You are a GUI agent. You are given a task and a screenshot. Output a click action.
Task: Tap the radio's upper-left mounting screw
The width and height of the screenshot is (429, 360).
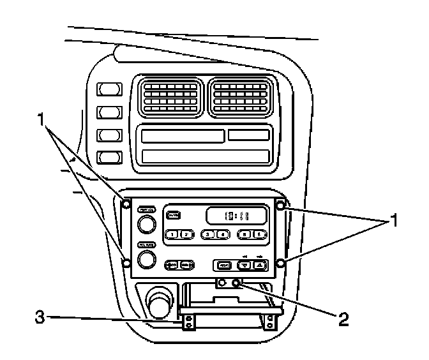point(126,205)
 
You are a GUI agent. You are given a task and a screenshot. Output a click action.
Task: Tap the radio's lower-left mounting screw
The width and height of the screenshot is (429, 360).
point(126,262)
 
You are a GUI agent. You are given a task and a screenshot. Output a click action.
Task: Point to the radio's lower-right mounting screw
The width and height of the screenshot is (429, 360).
point(280,263)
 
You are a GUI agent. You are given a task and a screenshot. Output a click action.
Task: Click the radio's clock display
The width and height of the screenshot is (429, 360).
point(236,216)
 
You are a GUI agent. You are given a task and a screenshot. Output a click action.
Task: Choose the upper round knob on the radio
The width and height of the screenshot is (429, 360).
point(146,224)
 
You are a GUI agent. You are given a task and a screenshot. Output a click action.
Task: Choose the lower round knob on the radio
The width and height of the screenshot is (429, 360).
point(146,259)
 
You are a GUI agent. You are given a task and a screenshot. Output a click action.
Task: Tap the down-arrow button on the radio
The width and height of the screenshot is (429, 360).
point(246,265)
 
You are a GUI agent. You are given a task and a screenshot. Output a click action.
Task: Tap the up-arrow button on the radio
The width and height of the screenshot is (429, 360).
point(263,265)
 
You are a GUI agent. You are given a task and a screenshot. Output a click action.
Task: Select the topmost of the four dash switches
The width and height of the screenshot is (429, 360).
point(109,89)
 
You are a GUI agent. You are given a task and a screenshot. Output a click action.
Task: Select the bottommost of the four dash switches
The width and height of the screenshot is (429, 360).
point(109,157)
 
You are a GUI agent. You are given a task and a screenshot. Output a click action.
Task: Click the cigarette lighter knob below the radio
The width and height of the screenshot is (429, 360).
point(158,303)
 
